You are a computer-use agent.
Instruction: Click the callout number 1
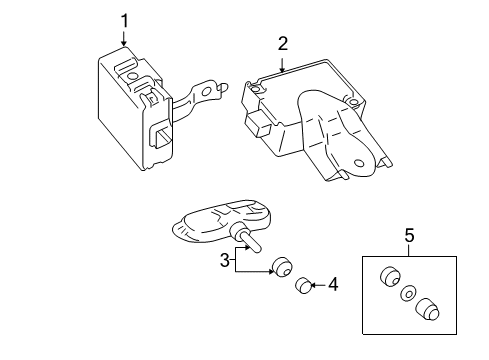pos(124,19)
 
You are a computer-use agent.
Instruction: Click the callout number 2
pos(283,43)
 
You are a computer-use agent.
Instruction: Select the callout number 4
pos(333,286)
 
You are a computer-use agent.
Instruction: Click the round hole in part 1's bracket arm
pos(208,90)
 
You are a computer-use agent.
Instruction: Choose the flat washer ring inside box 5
pos(407,295)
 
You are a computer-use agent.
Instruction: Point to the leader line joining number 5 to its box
pos(408,251)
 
